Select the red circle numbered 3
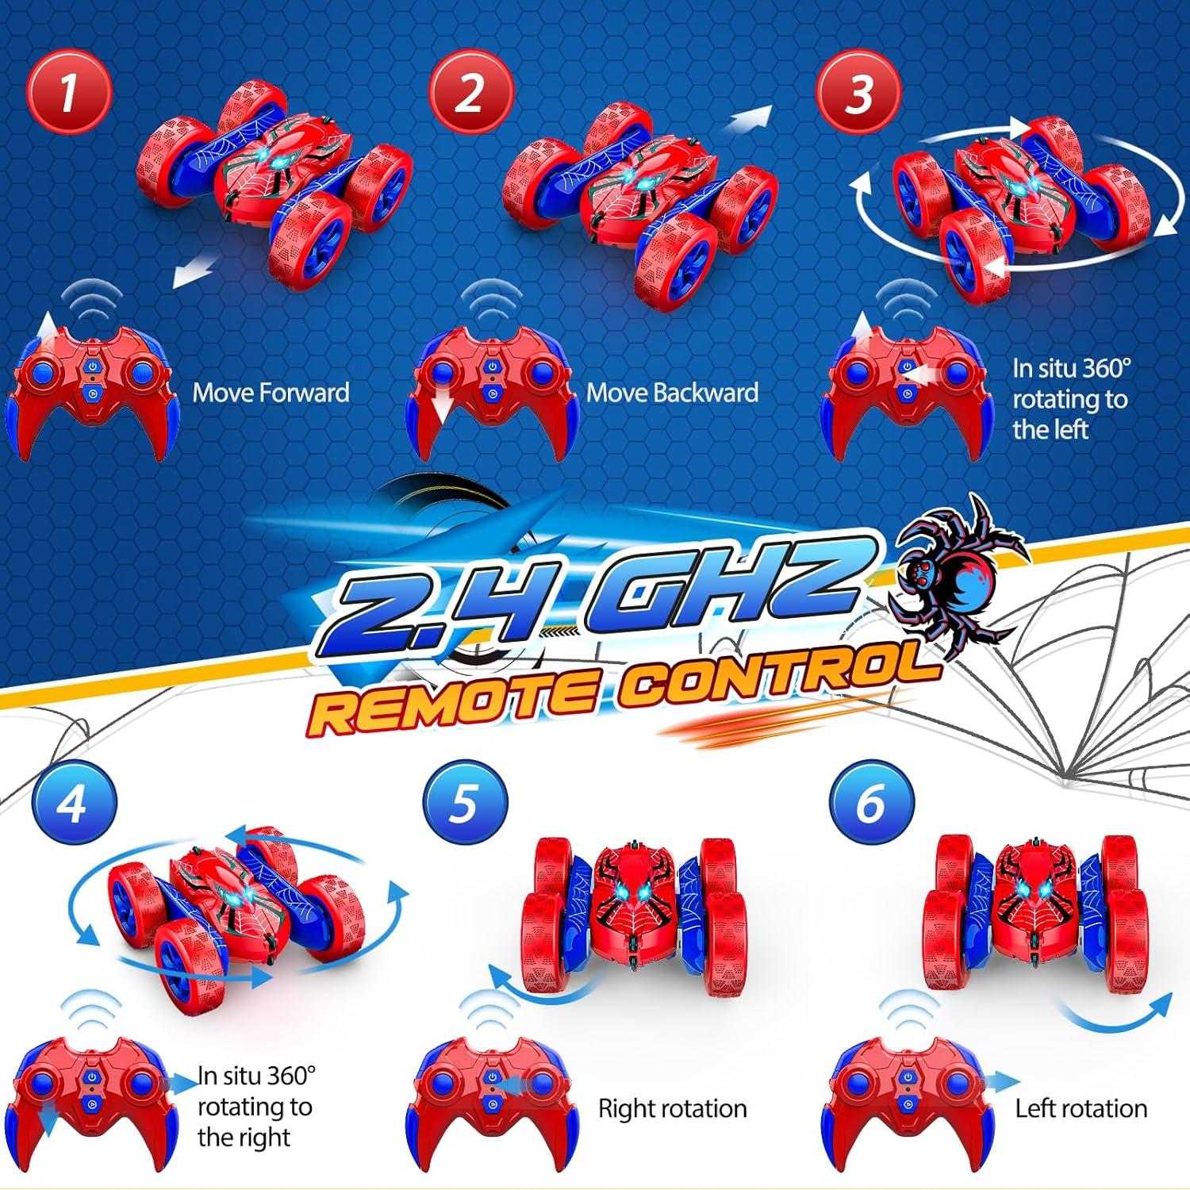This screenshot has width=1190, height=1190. click(859, 93)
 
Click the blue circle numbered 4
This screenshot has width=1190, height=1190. click(74, 804)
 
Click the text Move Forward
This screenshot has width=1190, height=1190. click(271, 393)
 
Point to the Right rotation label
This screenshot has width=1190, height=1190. click(673, 1108)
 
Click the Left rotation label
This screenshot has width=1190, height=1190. click(1081, 1108)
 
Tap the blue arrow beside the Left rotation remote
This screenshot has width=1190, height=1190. click(1001, 1081)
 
